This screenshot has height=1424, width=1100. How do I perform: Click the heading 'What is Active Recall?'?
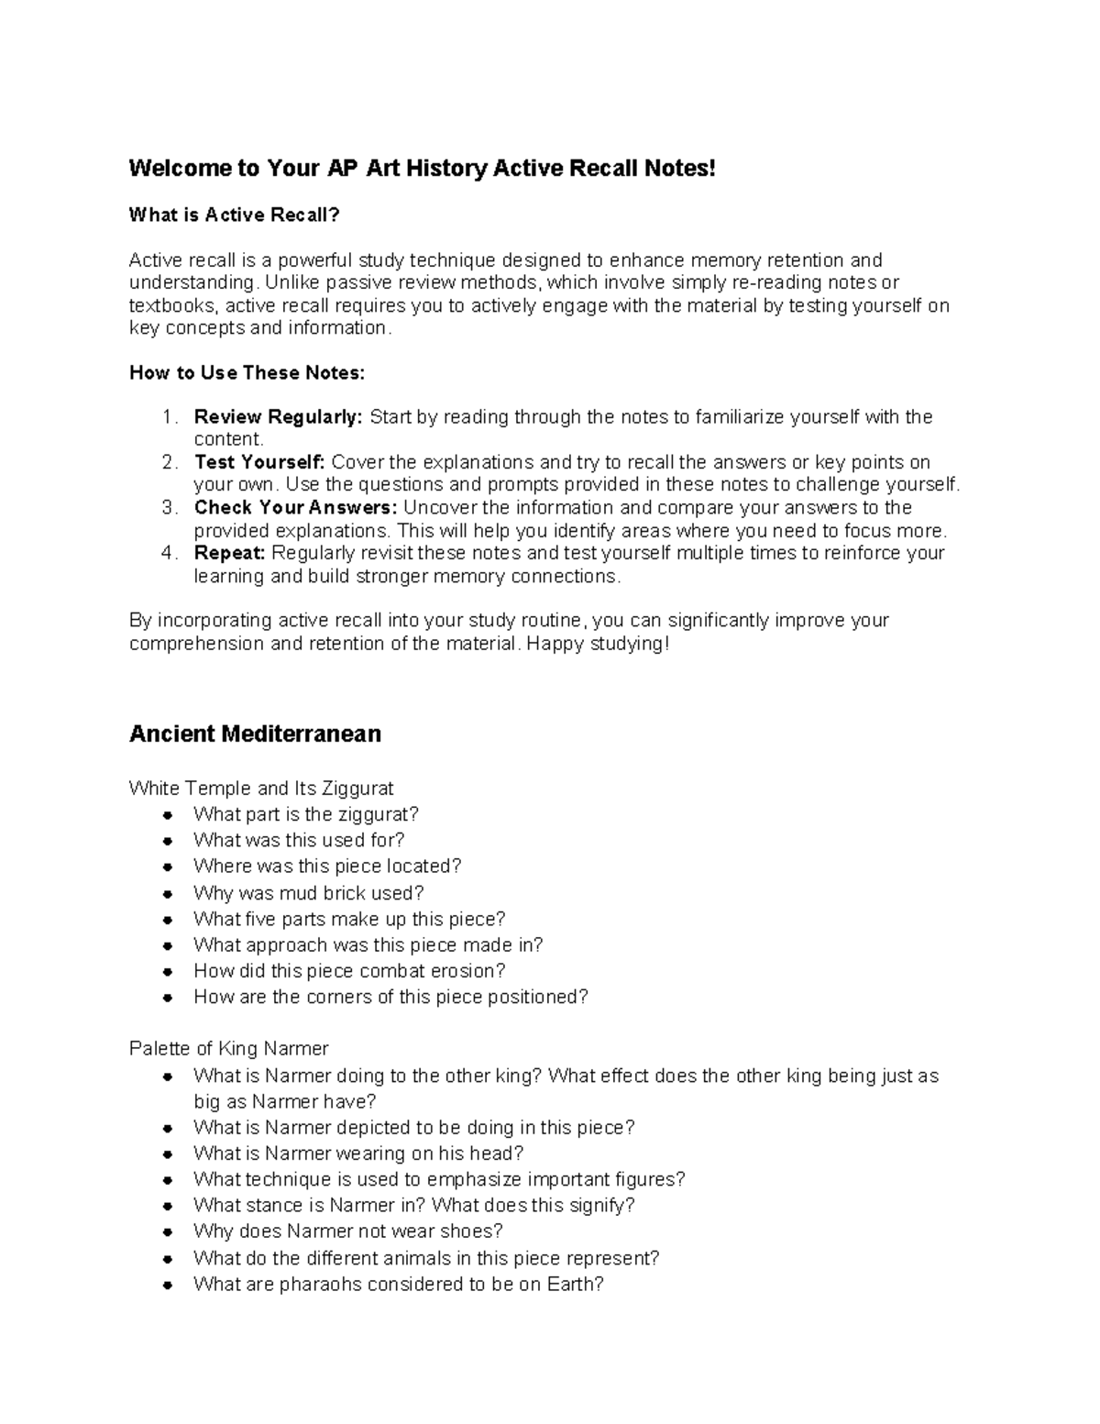tap(234, 215)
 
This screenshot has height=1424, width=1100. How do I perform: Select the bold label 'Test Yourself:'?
tap(259, 462)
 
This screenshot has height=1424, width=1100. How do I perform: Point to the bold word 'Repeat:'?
tap(229, 553)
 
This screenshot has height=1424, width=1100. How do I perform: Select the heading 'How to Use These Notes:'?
tap(247, 372)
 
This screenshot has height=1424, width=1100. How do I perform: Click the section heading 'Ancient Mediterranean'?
tap(255, 734)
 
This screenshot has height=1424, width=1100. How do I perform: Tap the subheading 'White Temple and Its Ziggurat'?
tap(261, 789)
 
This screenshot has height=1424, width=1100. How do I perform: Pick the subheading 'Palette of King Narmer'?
tap(228, 1049)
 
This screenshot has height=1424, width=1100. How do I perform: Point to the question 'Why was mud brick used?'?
tap(308, 893)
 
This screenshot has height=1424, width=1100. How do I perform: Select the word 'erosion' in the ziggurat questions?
tap(470, 971)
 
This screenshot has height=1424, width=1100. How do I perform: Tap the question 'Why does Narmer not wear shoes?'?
tap(347, 1231)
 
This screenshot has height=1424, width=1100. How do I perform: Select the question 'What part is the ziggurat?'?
tap(305, 814)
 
